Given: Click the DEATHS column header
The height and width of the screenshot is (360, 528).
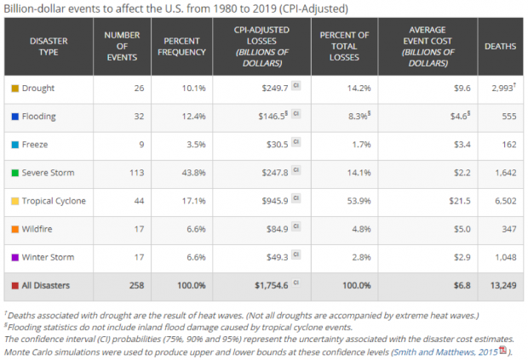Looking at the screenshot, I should pos(499,46).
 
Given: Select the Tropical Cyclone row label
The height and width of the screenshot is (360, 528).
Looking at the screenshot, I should pos(53,201).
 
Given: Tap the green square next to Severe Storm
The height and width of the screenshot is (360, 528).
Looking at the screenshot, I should pos(15,173).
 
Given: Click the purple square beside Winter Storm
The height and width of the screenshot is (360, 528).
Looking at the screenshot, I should pos(15,257).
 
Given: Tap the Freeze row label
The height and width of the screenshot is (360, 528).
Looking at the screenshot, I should pos(37,145).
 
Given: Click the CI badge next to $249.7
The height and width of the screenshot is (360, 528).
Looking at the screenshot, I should pos(296,88).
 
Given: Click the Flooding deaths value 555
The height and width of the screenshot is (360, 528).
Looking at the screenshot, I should pos(506,117).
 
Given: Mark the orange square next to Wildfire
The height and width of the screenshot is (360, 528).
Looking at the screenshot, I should pos(15,229).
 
